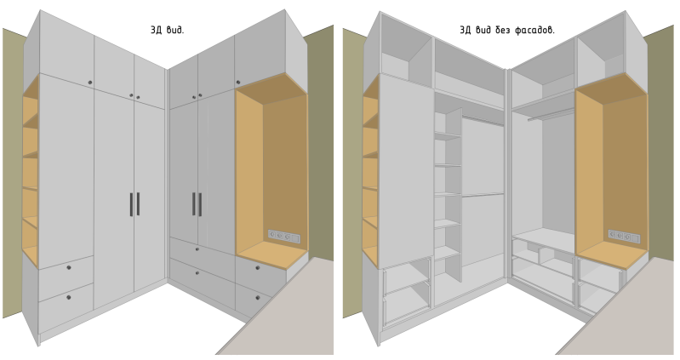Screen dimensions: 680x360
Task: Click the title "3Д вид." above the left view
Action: [167, 31]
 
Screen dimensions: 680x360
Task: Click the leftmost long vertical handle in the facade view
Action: [131, 204]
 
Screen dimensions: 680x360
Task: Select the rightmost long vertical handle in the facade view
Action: [200, 204]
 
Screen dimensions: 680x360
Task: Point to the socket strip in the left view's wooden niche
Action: [283, 237]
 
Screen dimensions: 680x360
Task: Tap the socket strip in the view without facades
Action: [624, 237]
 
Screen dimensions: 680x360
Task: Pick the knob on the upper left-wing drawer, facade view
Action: [69, 268]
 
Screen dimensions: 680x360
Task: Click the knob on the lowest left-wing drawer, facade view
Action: [69, 297]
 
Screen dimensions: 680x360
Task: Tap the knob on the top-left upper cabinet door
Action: [90, 83]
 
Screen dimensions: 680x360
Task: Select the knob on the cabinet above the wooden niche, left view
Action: [238, 83]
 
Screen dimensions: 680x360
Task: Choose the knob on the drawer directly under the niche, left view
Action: [258, 268]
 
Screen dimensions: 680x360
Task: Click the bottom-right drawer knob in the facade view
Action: [258, 298]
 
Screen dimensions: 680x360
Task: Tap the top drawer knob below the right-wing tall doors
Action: [197, 249]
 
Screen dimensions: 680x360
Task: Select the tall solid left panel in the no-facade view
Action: [406, 170]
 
